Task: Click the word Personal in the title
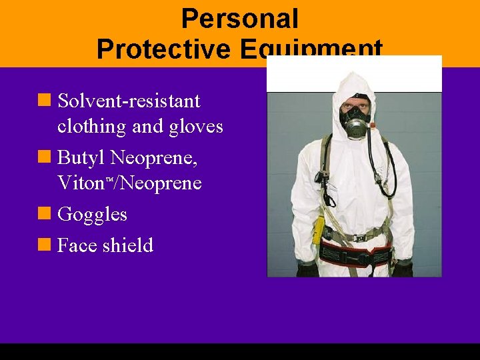click(239, 19)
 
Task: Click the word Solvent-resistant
click(129, 101)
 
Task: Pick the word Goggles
click(92, 215)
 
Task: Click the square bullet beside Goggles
click(45, 214)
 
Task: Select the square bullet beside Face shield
click(45, 245)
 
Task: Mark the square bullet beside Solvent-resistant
click(45, 101)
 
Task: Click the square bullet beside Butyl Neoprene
click(45, 158)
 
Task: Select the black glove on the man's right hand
click(307, 269)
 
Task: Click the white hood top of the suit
click(354, 83)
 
